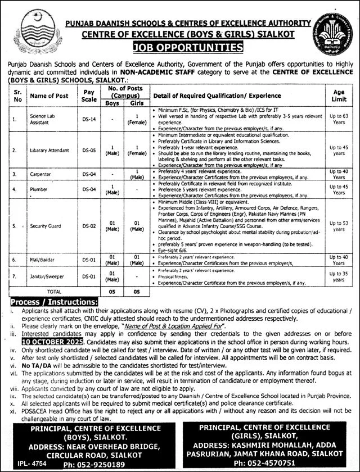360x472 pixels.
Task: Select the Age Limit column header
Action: (x=339, y=95)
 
